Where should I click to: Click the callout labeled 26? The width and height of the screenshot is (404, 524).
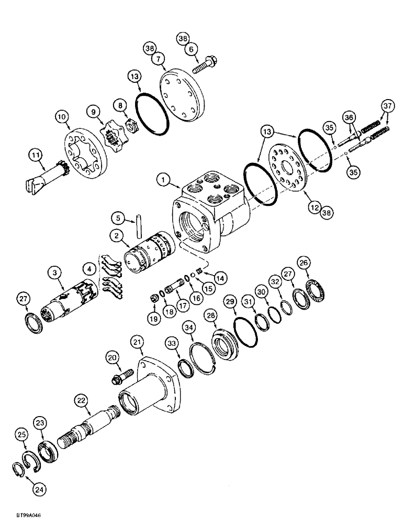coord(302,262)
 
